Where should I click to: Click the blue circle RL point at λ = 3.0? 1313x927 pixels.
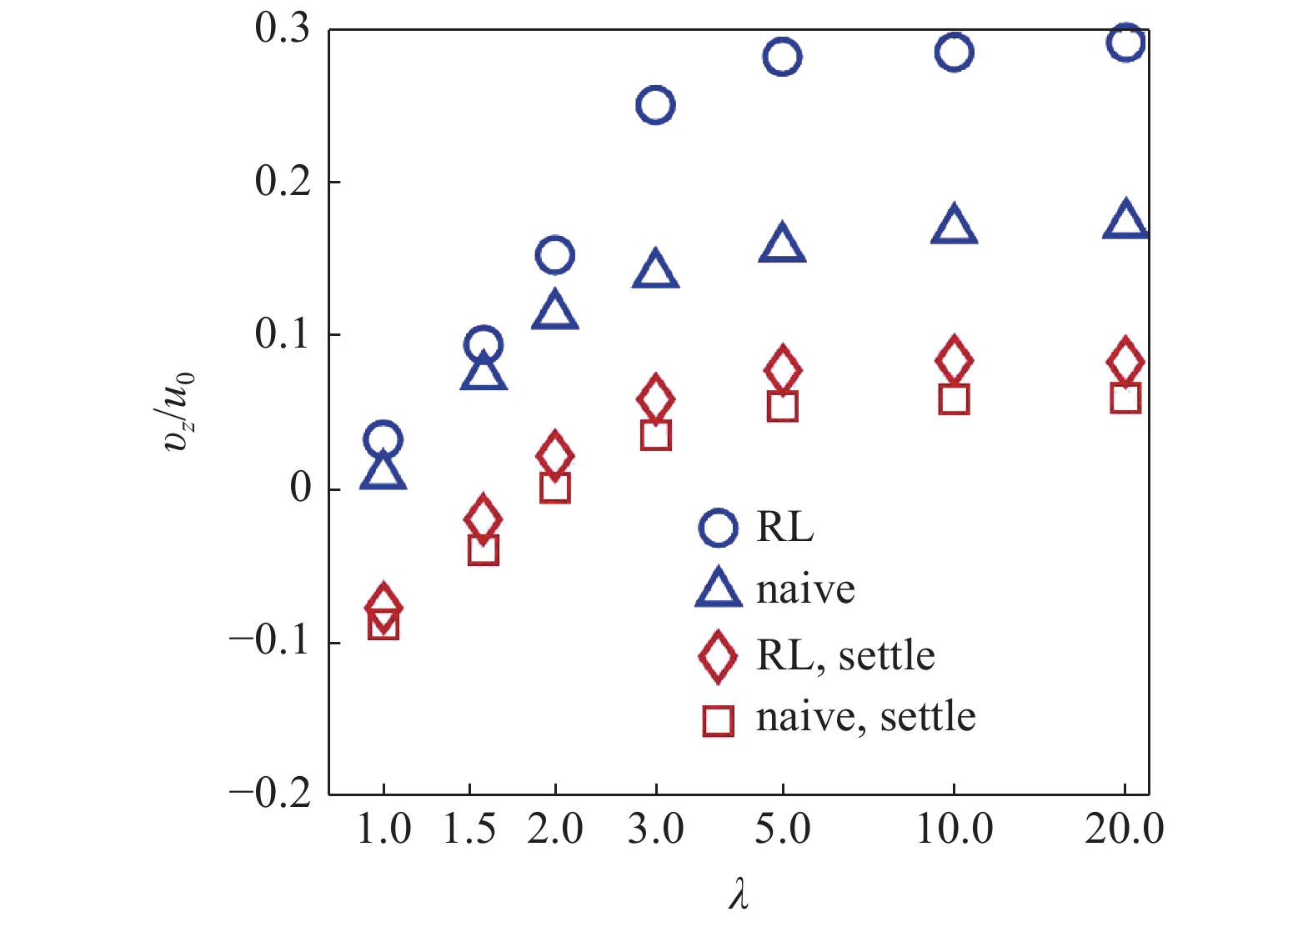pyautogui.click(x=655, y=105)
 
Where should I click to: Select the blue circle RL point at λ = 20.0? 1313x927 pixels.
pyautogui.click(x=1125, y=43)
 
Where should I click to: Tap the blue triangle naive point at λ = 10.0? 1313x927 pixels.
pyautogui.click(x=954, y=225)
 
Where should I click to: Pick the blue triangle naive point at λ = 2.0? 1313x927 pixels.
pyautogui.click(x=555, y=312)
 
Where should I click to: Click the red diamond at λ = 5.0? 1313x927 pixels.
pyautogui.click(x=783, y=368)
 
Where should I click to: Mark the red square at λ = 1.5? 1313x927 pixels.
pyautogui.click(x=484, y=550)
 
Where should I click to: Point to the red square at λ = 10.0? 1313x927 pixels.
pyautogui.click(x=954, y=399)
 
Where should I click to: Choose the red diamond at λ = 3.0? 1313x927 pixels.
pyautogui.click(x=655, y=398)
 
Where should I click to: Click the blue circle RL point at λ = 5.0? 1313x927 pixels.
pyautogui.click(x=782, y=57)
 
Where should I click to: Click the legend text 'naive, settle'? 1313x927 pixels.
pyautogui.click(x=865, y=717)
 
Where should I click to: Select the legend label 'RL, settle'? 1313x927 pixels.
pyautogui.click(x=845, y=655)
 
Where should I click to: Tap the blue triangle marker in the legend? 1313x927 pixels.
pyautogui.click(x=718, y=589)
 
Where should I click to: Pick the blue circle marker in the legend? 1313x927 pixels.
pyautogui.click(x=718, y=527)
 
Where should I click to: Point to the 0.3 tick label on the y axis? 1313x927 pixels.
pyautogui.click(x=282, y=28)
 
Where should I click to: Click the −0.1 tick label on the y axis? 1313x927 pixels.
pyautogui.click(x=269, y=641)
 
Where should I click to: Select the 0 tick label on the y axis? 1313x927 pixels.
pyautogui.click(x=300, y=488)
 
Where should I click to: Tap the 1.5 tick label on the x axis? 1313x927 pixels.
pyautogui.click(x=469, y=829)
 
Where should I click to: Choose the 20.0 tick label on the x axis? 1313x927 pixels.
pyautogui.click(x=1124, y=829)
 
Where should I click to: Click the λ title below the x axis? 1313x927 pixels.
pyautogui.click(x=738, y=895)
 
